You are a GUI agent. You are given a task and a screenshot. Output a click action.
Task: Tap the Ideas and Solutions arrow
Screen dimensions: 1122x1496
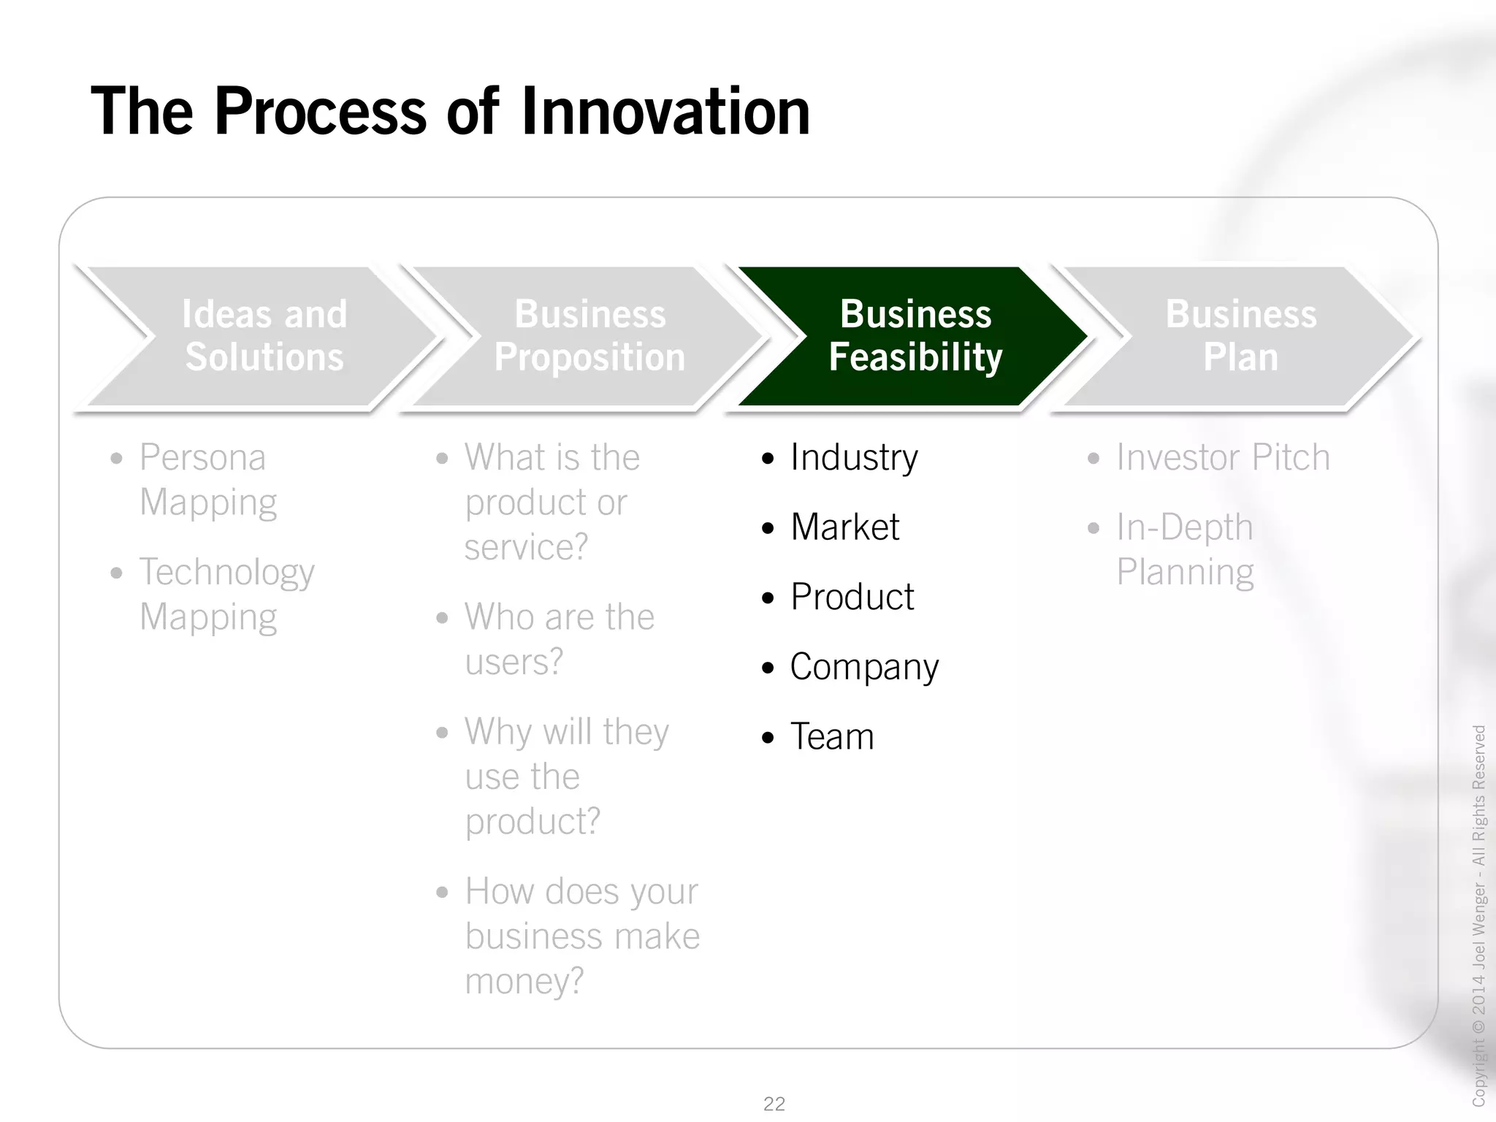[264, 336]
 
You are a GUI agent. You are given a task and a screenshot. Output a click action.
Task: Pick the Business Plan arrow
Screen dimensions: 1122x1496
[1240, 336]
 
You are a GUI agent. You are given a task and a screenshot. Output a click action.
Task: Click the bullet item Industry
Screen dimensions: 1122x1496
[853, 458]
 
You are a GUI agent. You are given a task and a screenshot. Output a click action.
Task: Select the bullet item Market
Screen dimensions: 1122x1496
[844, 527]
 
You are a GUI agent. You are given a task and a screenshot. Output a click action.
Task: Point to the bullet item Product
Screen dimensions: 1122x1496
[852, 598]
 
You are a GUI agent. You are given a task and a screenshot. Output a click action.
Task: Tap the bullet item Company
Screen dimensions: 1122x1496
[863, 668]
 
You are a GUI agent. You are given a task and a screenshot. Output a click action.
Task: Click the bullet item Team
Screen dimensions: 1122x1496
[832, 737]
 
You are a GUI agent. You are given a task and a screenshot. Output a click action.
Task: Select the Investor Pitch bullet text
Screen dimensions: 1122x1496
[1222, 458]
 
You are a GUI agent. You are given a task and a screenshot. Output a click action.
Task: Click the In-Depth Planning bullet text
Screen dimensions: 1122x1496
[1184, 549]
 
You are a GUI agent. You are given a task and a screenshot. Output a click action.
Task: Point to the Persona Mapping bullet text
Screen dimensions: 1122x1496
[207, 480]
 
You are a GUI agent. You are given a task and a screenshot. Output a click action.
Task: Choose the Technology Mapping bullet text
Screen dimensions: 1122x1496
[226, 595]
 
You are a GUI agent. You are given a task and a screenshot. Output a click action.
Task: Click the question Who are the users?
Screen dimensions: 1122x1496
[559, 639]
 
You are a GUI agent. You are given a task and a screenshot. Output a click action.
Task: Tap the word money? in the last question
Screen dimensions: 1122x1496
[524, 981]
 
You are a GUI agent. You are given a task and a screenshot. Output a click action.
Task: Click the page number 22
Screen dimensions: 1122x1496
[774, 1104]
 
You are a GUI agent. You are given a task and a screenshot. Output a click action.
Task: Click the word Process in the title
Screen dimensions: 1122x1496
[320, 112]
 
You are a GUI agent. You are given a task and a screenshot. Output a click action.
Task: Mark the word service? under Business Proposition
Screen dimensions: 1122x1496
[526, 547]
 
